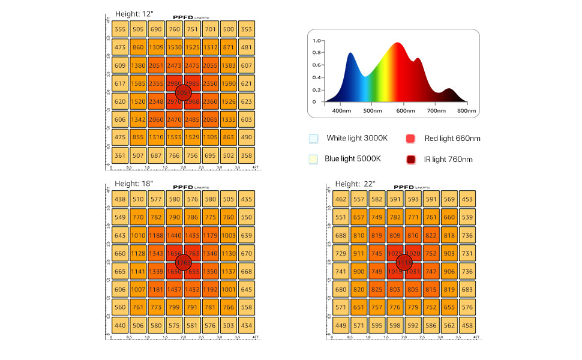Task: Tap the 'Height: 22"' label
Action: click(355, 184)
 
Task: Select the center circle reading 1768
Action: click(183, 262)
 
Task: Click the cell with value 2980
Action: click(174, 83)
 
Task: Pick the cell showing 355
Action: click(120, 29)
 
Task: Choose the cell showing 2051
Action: click(156, 65)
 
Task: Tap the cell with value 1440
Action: click(174, 235)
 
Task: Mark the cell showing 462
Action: click(341, 199)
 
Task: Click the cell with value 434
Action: click(246, 326)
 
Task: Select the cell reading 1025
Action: click(395, 253)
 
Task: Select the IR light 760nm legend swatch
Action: click(412, 160)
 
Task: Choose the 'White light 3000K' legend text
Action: click(357, 139)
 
